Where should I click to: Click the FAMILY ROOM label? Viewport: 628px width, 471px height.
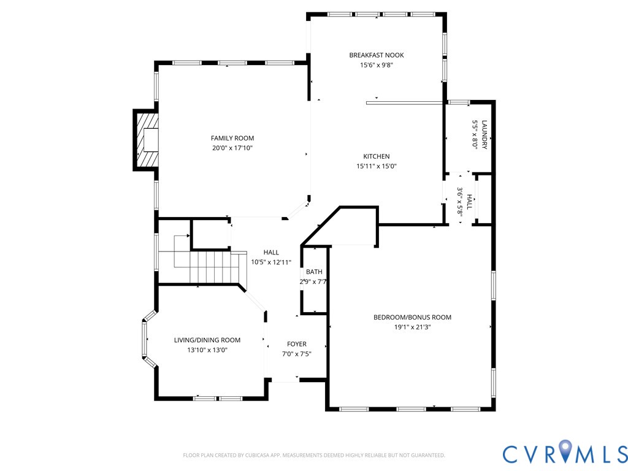[232, 138]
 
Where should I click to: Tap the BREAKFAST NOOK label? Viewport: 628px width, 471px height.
[377, 55]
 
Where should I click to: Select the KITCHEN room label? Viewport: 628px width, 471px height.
[377, 156]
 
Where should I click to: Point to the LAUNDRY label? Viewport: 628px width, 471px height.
[484, 134]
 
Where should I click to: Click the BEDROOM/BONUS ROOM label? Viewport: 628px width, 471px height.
[412, 317]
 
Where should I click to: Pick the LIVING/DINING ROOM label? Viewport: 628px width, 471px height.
[207, 340]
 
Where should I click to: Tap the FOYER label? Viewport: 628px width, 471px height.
[297, 344]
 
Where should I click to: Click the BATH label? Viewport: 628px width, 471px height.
[314, 272]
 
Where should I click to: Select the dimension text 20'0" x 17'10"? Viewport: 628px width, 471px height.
[232, 148]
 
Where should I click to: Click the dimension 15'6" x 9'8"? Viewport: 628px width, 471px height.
[377, 65]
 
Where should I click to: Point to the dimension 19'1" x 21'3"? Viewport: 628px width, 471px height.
[413, 327]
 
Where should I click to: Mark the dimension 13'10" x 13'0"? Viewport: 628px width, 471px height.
[207, 350]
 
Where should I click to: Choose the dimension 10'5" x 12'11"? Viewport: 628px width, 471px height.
[271, 262]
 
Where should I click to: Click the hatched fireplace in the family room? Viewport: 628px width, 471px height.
[147, 140]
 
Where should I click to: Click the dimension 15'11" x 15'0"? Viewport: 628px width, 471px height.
[377, 166]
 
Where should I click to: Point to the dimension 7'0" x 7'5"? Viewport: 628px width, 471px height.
[297, 354]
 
